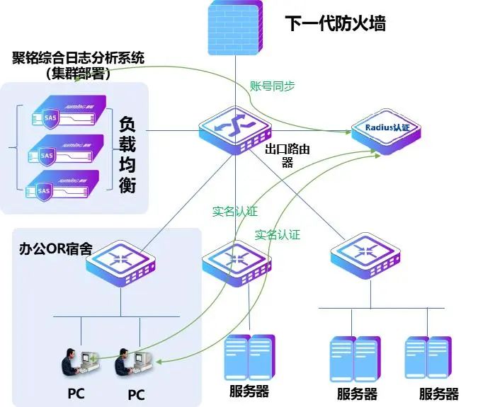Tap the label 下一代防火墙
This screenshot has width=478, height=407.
(x=336, y=23)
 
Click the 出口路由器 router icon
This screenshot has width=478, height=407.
(x=235, y=125)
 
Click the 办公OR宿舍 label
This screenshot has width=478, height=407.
(x=55, y=249)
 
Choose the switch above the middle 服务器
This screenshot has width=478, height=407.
(x=237, y=262)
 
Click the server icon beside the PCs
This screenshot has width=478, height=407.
(x=249, y=357)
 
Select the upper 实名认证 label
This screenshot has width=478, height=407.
(x=234, y=211)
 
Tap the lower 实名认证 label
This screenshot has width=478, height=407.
(x=278, y=234)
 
